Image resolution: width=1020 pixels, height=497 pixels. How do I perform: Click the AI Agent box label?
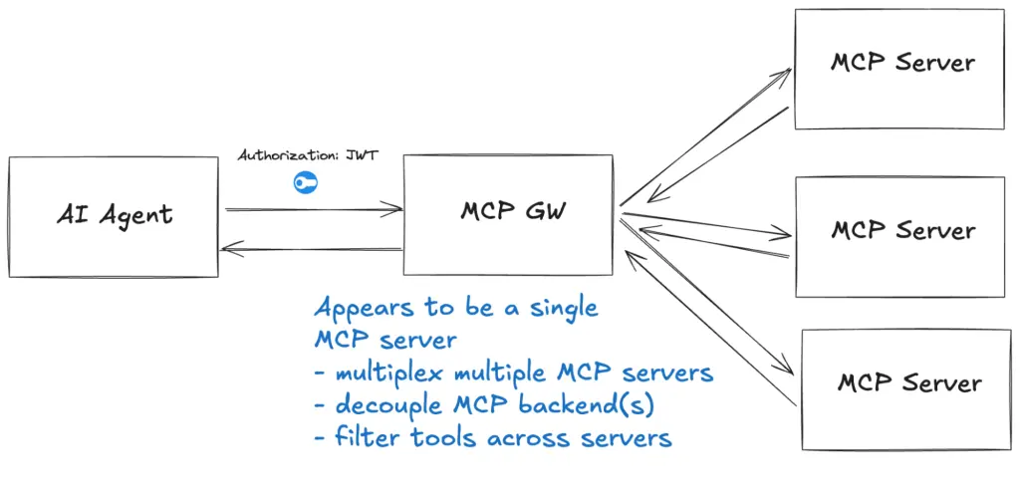(x=115, y=214)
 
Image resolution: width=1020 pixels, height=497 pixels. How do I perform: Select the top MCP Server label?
(x=902, y=63)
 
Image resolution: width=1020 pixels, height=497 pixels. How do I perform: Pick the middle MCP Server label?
(x=902, y=230)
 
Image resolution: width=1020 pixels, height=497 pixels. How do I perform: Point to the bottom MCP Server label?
(x=908, y=383)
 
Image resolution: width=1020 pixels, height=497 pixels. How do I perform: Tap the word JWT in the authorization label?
(x=362, y=156)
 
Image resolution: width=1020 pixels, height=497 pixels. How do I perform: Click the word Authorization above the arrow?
(x=288, y=156)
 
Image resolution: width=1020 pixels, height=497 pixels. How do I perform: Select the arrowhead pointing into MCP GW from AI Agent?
(x=397, y=209)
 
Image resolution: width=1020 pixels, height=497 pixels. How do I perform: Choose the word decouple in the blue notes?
(x=384, y=405)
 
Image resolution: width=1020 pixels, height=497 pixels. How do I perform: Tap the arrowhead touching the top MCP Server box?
(x=786, y=73)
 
